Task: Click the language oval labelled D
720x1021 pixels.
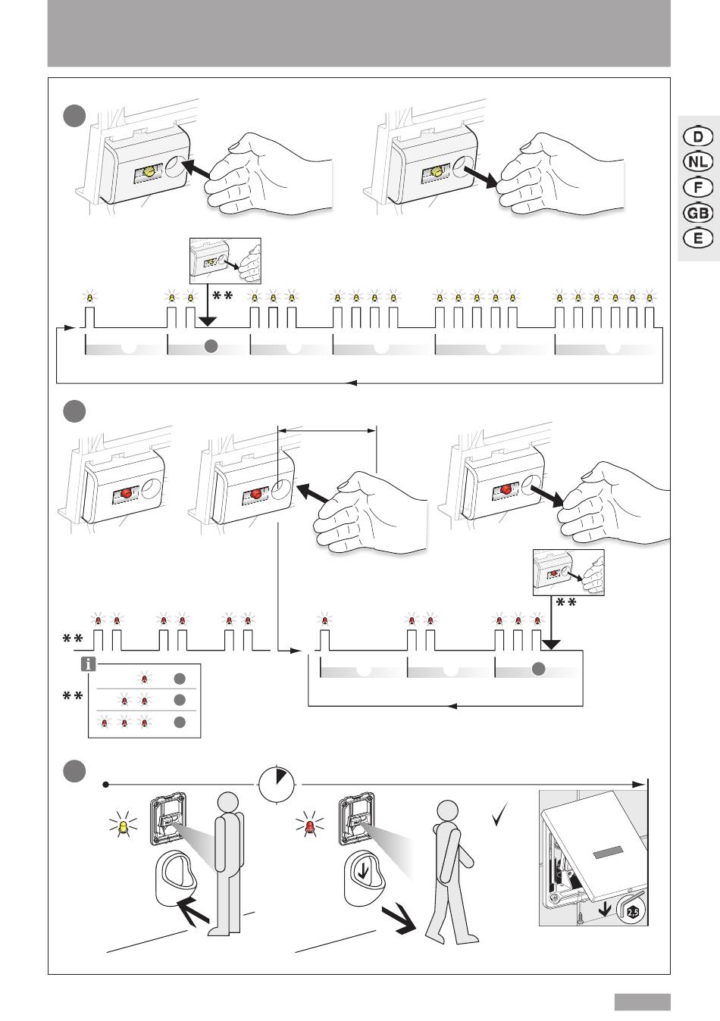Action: click(x=697, y=136)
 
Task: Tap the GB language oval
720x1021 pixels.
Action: click(x=697, y=213)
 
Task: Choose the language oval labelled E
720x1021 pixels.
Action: click(x=697, y=238)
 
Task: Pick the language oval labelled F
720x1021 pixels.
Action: click(x=697, y=187)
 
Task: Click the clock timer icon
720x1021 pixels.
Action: click(x=277, y=785)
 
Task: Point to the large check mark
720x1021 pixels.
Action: click(x=498, y=816)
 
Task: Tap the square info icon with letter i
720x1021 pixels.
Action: click(x=89, y=664)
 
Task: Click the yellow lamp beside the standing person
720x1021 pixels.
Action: click(x=121, y=828)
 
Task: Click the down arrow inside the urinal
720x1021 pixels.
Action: click(x=365, y=871)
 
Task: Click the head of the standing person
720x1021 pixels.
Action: click(x=227, y=804)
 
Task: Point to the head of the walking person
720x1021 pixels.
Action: click(x=446, y=812)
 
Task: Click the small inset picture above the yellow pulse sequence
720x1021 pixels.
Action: click(x=224, y=261)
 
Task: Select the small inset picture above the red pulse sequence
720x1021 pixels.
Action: click(x=568, y=573)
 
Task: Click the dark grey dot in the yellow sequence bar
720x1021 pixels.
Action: click(x=212, y=346)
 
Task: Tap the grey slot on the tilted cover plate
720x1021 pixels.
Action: click(x=612, y=853)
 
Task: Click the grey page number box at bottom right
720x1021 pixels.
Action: click(x=642, y=1002)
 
